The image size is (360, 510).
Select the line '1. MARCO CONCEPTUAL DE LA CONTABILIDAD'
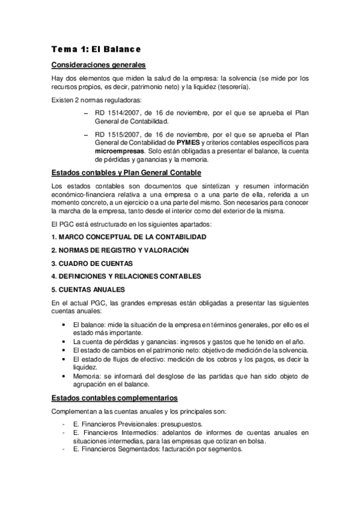point(129,237)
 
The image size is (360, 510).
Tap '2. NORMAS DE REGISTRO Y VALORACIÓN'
point(120,250)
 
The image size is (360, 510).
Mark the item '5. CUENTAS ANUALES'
point(88,289)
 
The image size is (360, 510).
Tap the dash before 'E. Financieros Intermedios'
point(64,432)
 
